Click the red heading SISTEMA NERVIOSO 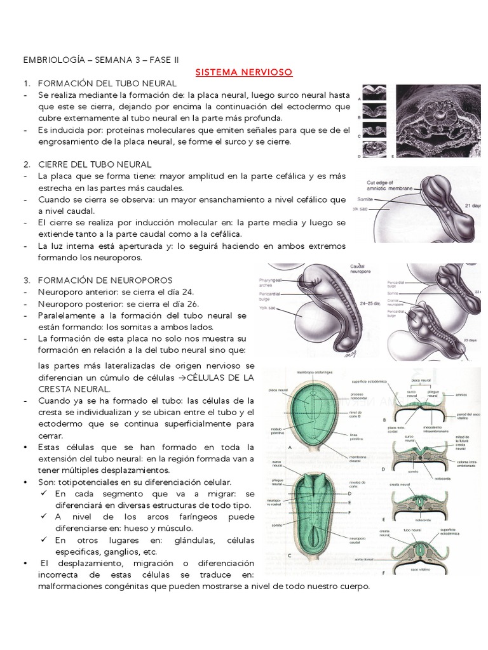(x=243, y=72)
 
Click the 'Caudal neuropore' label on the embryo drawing (x=361, y=270)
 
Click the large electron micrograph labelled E (x=438, y=121)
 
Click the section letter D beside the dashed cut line (x=348, y=493)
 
